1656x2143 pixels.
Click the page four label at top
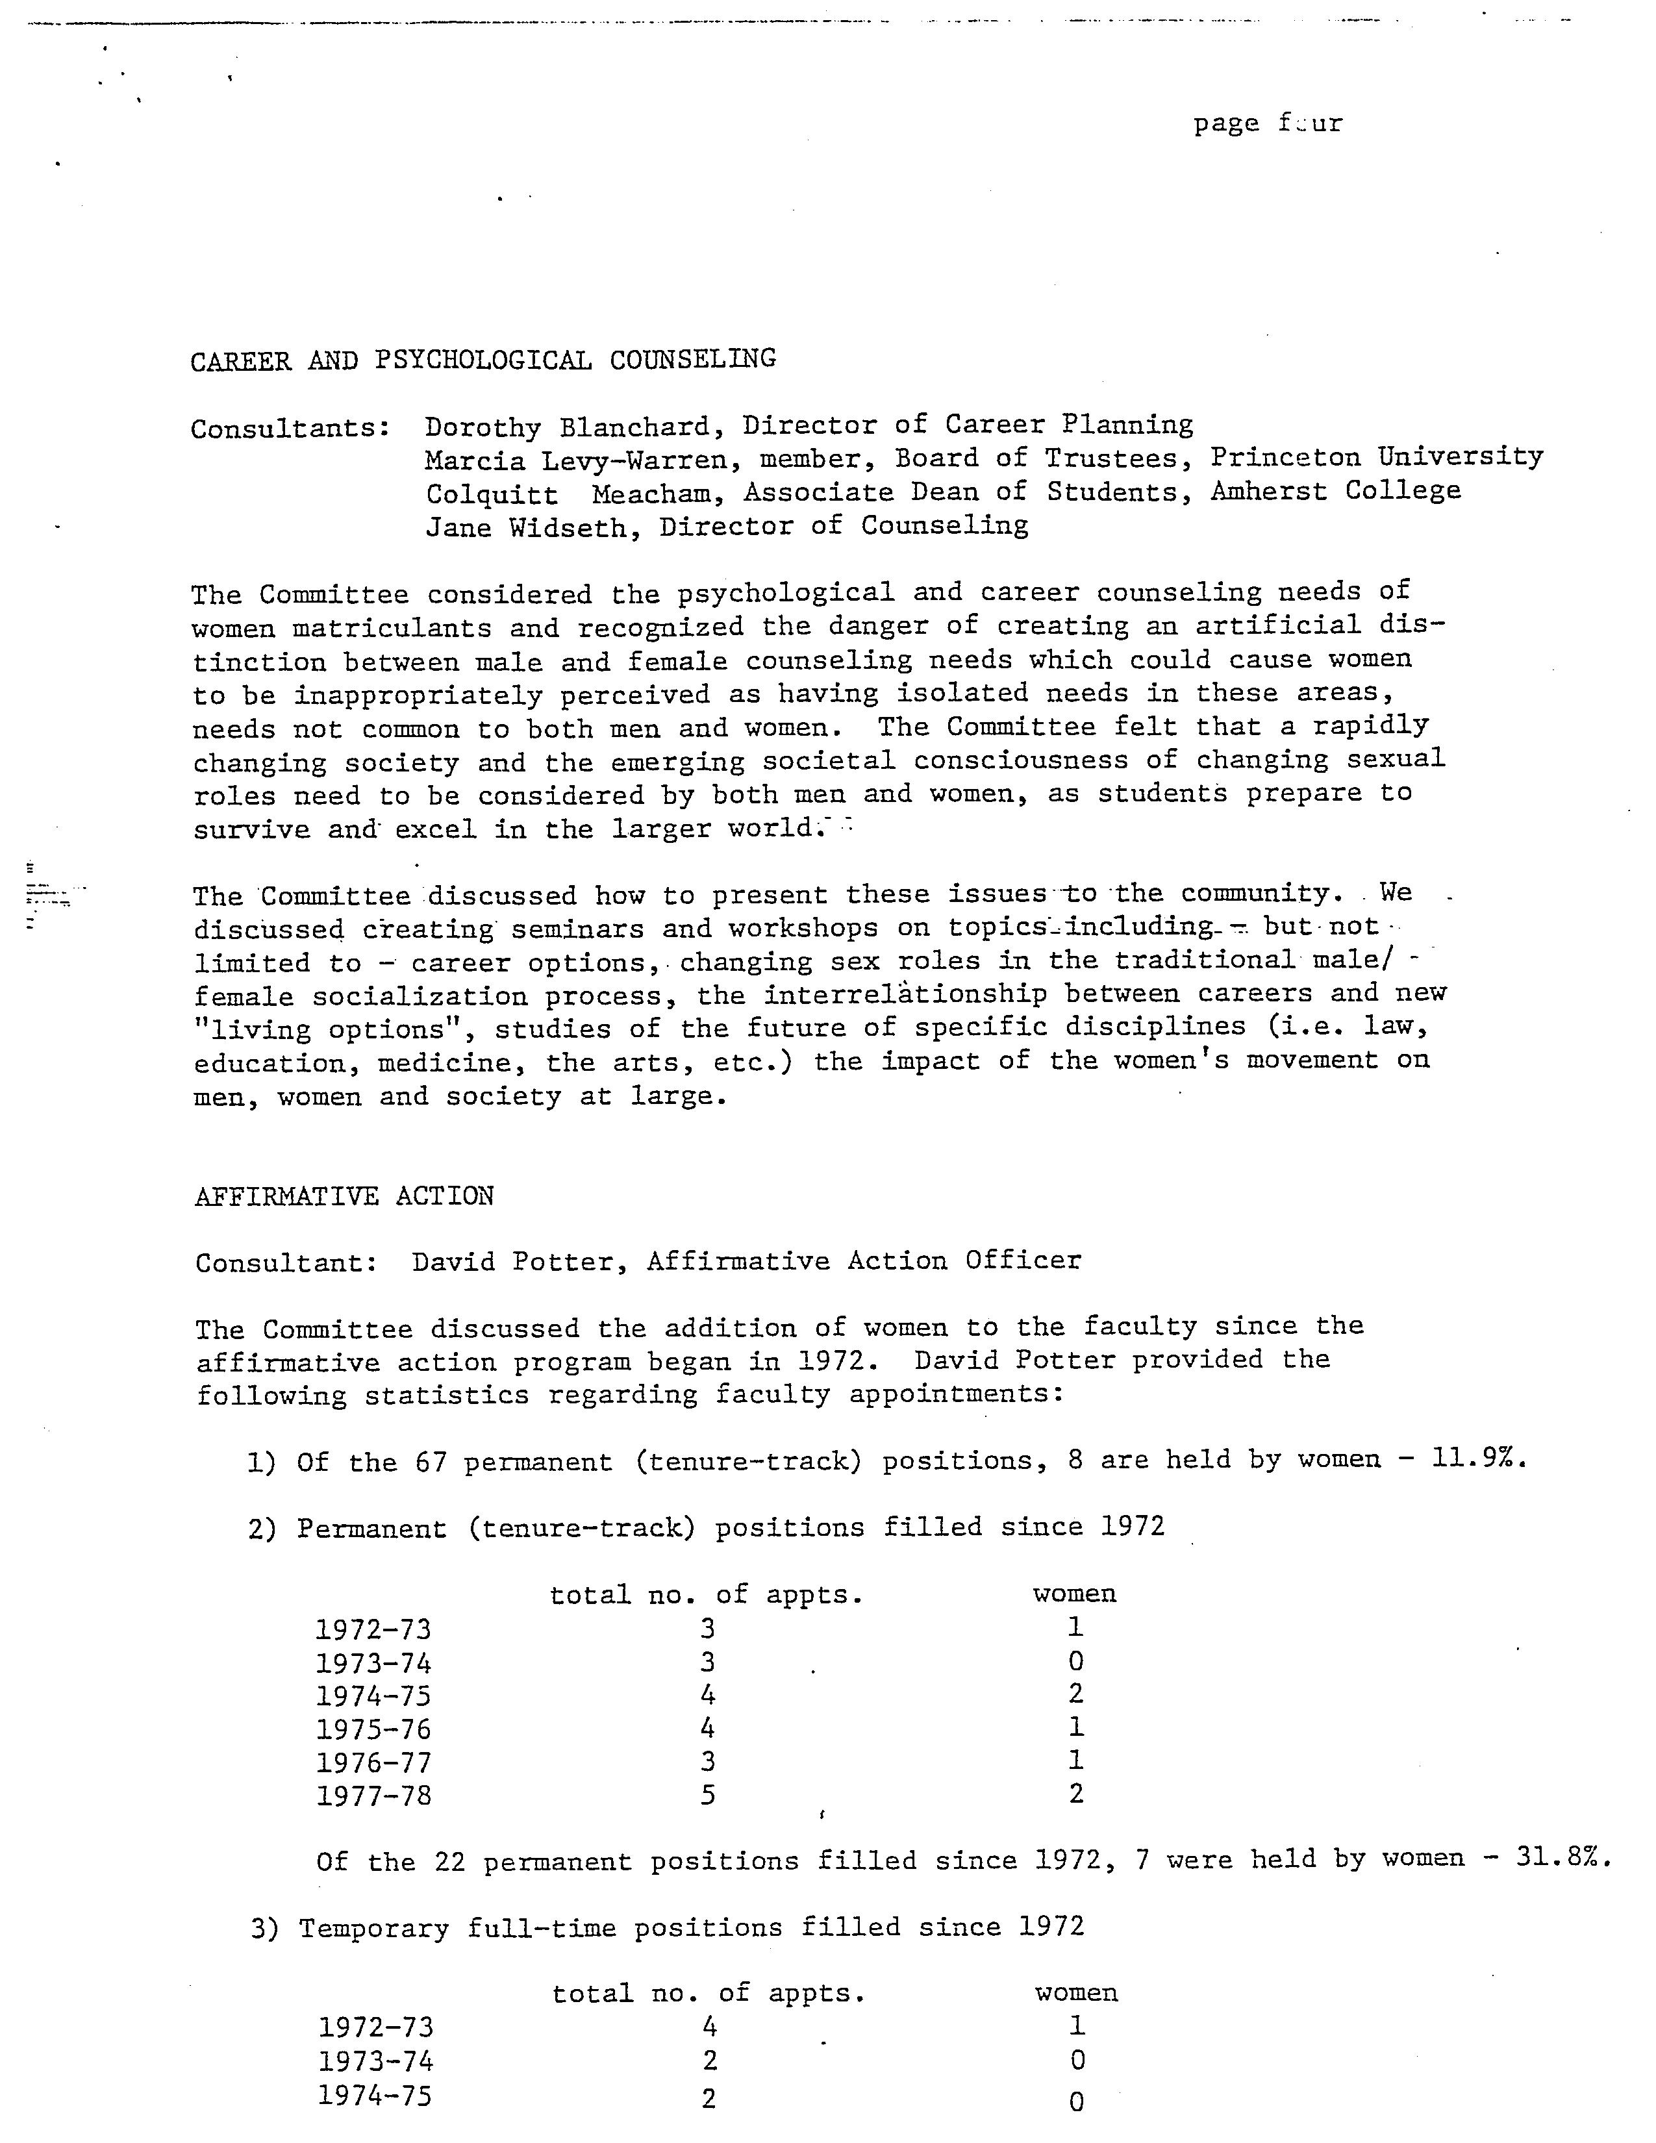(x=1268, y=123)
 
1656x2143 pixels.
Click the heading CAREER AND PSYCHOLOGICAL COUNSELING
(x=483, y=360)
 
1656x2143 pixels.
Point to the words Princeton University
(x=1375, y=457)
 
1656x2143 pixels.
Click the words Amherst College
(x=1335, y=490)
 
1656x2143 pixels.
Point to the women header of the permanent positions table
(x=1074, y=1594)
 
